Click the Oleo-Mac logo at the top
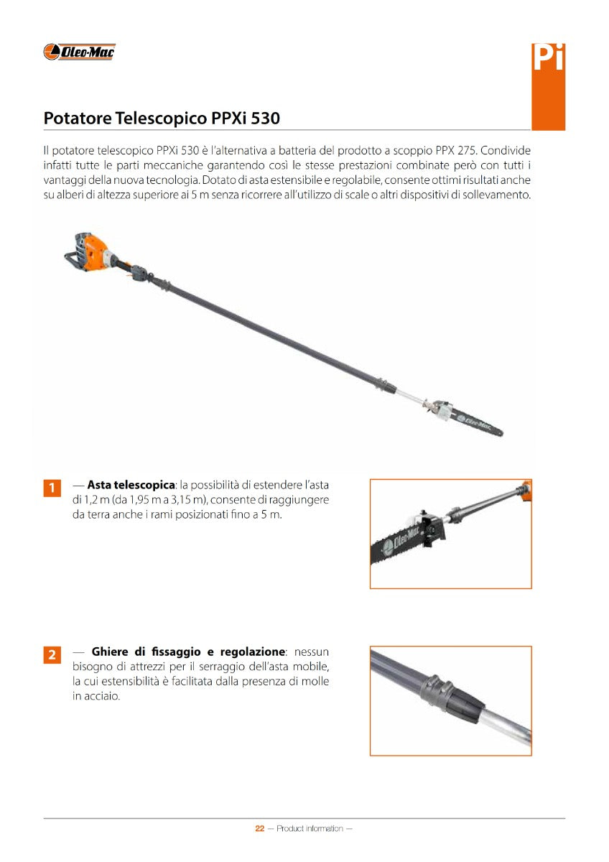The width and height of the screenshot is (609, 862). point(80,52)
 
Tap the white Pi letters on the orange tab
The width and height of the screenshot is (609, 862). point(548,58)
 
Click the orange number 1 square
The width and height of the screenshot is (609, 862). point(52,488)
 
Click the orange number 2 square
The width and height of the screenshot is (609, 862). point(52,654)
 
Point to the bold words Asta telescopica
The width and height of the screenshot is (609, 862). point(131,486)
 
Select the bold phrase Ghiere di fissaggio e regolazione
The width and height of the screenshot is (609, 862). point(188,652)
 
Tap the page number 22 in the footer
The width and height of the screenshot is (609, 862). point(260,828)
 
